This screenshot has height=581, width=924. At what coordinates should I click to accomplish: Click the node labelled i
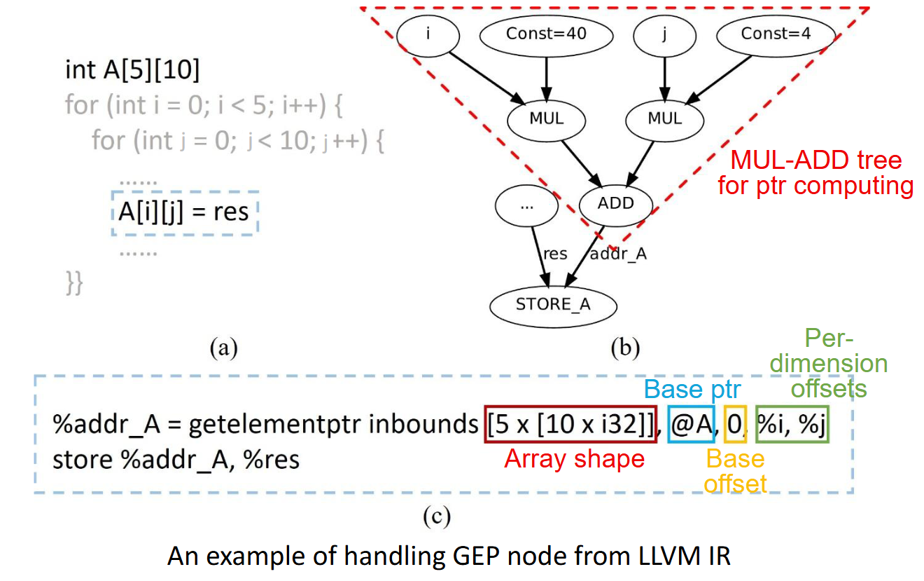pos(428,33)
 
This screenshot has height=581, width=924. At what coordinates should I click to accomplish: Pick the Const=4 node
pos(776,33)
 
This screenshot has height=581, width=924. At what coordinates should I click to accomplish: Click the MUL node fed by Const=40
pos(546,118)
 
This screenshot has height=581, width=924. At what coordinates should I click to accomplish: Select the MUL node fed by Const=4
pos(664,118)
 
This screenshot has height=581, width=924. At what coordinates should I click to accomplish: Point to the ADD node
pos(616,203)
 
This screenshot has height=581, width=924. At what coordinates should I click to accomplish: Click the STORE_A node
pos(553,305)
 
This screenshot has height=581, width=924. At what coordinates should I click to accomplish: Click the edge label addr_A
pos(618,254)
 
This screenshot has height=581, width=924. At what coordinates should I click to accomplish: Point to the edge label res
pos(555,254)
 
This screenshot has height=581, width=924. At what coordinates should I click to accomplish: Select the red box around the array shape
pos(570,424)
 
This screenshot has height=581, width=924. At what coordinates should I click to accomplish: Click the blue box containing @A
pos(691,424)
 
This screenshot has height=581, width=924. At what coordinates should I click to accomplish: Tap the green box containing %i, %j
pos(792,424)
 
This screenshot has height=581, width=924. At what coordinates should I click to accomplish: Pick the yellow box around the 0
pos(736,424)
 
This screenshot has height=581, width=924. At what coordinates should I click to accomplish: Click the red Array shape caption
pos(574,459)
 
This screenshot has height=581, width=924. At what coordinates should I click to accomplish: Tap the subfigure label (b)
pos(625,346)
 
